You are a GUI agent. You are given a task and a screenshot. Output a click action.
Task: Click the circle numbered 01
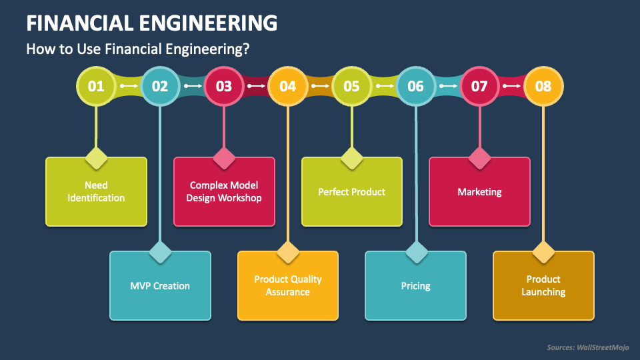tap(96, 86)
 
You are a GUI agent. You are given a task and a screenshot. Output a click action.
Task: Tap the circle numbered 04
tap(288, 86)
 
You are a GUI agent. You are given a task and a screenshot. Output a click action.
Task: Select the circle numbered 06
tap(415, 86)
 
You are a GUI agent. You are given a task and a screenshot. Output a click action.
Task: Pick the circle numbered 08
tap(543, 86)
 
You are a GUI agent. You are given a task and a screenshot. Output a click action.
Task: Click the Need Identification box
tap(96, 192)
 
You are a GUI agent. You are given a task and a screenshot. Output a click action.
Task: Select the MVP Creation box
tap(160, 286)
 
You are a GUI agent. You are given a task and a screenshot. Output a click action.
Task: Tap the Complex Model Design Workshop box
tap(224, 192)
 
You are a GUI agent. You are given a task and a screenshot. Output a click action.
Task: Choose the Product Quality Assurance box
tap(288, 286)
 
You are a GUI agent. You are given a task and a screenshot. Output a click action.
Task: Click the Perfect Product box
tap(352, 192)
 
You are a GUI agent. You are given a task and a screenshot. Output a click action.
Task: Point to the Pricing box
tap(415, 286)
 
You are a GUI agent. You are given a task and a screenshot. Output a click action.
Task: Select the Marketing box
tap(479, 192)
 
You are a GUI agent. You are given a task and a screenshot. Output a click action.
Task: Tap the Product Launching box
tap(543, 286)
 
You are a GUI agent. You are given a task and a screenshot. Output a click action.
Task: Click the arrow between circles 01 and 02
tap(128, 86)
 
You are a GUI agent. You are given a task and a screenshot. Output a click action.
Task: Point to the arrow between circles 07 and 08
tap(511, 86)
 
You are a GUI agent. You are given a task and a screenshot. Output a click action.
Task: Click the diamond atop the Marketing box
tap(479, 159)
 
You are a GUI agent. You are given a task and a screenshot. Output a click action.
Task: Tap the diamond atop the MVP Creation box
tap(160, 253)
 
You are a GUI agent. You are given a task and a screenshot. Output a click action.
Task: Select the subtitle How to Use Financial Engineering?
tap(137, 49)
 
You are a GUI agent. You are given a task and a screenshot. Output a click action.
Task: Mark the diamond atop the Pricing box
tap(415, 253)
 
